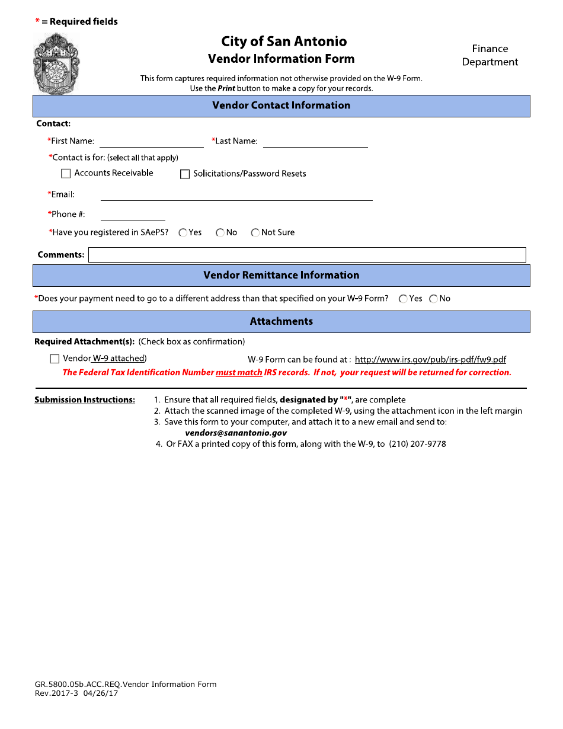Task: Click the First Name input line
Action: coord(152,142)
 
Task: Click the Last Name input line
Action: coord(315,142)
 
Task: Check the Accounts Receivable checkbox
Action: coord(66,174)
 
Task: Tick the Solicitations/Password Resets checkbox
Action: coord(185,174)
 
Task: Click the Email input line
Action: coord(236,195)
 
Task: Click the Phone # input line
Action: coord(133,215)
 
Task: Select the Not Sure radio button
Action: coord(255,233)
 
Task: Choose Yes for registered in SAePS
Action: coord(183,233)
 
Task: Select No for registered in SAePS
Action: coord(220,233)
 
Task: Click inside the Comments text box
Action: coord(307,255)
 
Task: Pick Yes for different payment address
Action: coord(404,299)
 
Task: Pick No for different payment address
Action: coord(434,299)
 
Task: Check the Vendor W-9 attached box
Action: coord(55,359)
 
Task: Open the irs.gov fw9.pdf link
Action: coord(430,360)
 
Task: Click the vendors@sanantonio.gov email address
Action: coord(236,433)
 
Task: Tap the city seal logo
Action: coord(57,63)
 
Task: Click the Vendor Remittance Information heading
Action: coord(281,276)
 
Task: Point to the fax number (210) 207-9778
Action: coord(417,444)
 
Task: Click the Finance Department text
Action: coord(490,55)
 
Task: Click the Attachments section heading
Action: coord(281,322)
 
